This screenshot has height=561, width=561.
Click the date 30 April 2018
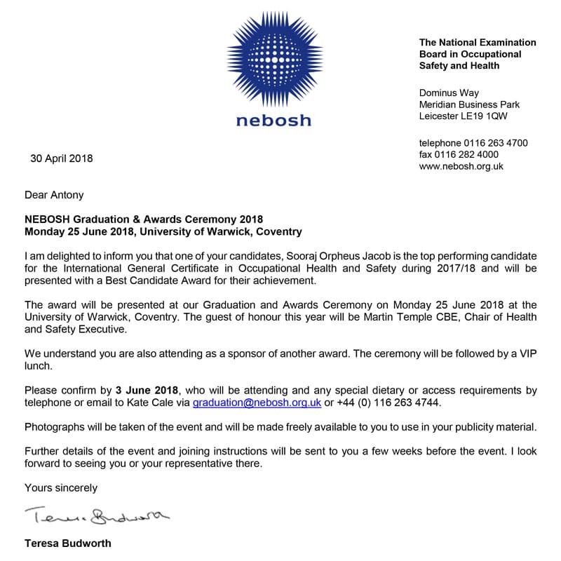pyautogui.click(x=61, y=158)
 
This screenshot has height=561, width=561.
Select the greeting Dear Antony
pyautogui.click(x=54, y=195)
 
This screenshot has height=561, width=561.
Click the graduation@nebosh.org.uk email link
pyautogui.click(x=257, y=403)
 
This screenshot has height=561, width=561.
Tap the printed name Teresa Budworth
pyautogui.click(x=67, y=543)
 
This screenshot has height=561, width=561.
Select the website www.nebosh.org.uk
pyautogui.click(x=461, y=166)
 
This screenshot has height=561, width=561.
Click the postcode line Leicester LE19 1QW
pyautogui.click(x=464, y=116)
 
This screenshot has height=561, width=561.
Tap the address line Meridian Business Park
pyautogui.click(x=469, y=104)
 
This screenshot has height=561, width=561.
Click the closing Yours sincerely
pyautogui.click(x=61, y=487)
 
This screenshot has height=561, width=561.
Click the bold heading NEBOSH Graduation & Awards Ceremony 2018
pyautogui.click(x=144, y=219)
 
